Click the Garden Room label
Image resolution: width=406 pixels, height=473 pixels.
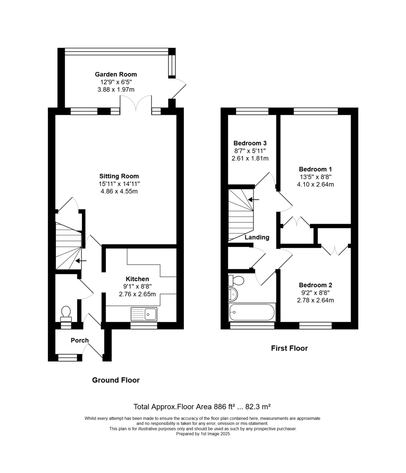(116, 74)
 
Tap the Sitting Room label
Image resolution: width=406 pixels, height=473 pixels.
(119, 176)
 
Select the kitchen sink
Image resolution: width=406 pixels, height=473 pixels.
(144, 314)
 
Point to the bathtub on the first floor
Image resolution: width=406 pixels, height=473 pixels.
(252, 312)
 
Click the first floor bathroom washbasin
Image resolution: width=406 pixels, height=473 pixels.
(233, 294)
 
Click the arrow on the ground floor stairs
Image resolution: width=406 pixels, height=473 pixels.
(81, 261)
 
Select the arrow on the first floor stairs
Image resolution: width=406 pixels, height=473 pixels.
(254, 199)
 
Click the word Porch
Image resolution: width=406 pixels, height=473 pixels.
(80, 340)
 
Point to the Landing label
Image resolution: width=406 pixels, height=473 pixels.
(257, 237)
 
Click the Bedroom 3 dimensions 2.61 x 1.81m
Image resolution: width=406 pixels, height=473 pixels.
(250, 158)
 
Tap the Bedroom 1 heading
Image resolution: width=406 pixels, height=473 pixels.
(315, 169)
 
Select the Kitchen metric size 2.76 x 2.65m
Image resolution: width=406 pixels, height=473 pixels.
(137, 294)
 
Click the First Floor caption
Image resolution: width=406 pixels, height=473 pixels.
(289, 348)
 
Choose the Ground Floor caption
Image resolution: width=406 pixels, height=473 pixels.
(116, 380)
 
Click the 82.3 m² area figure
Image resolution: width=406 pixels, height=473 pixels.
(258, 407)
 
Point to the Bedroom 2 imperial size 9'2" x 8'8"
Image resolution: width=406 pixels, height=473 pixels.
(315, 292)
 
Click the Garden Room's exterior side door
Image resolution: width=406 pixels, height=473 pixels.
(178, 89)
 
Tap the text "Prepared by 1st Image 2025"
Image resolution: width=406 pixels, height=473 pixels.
(203, 434)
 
